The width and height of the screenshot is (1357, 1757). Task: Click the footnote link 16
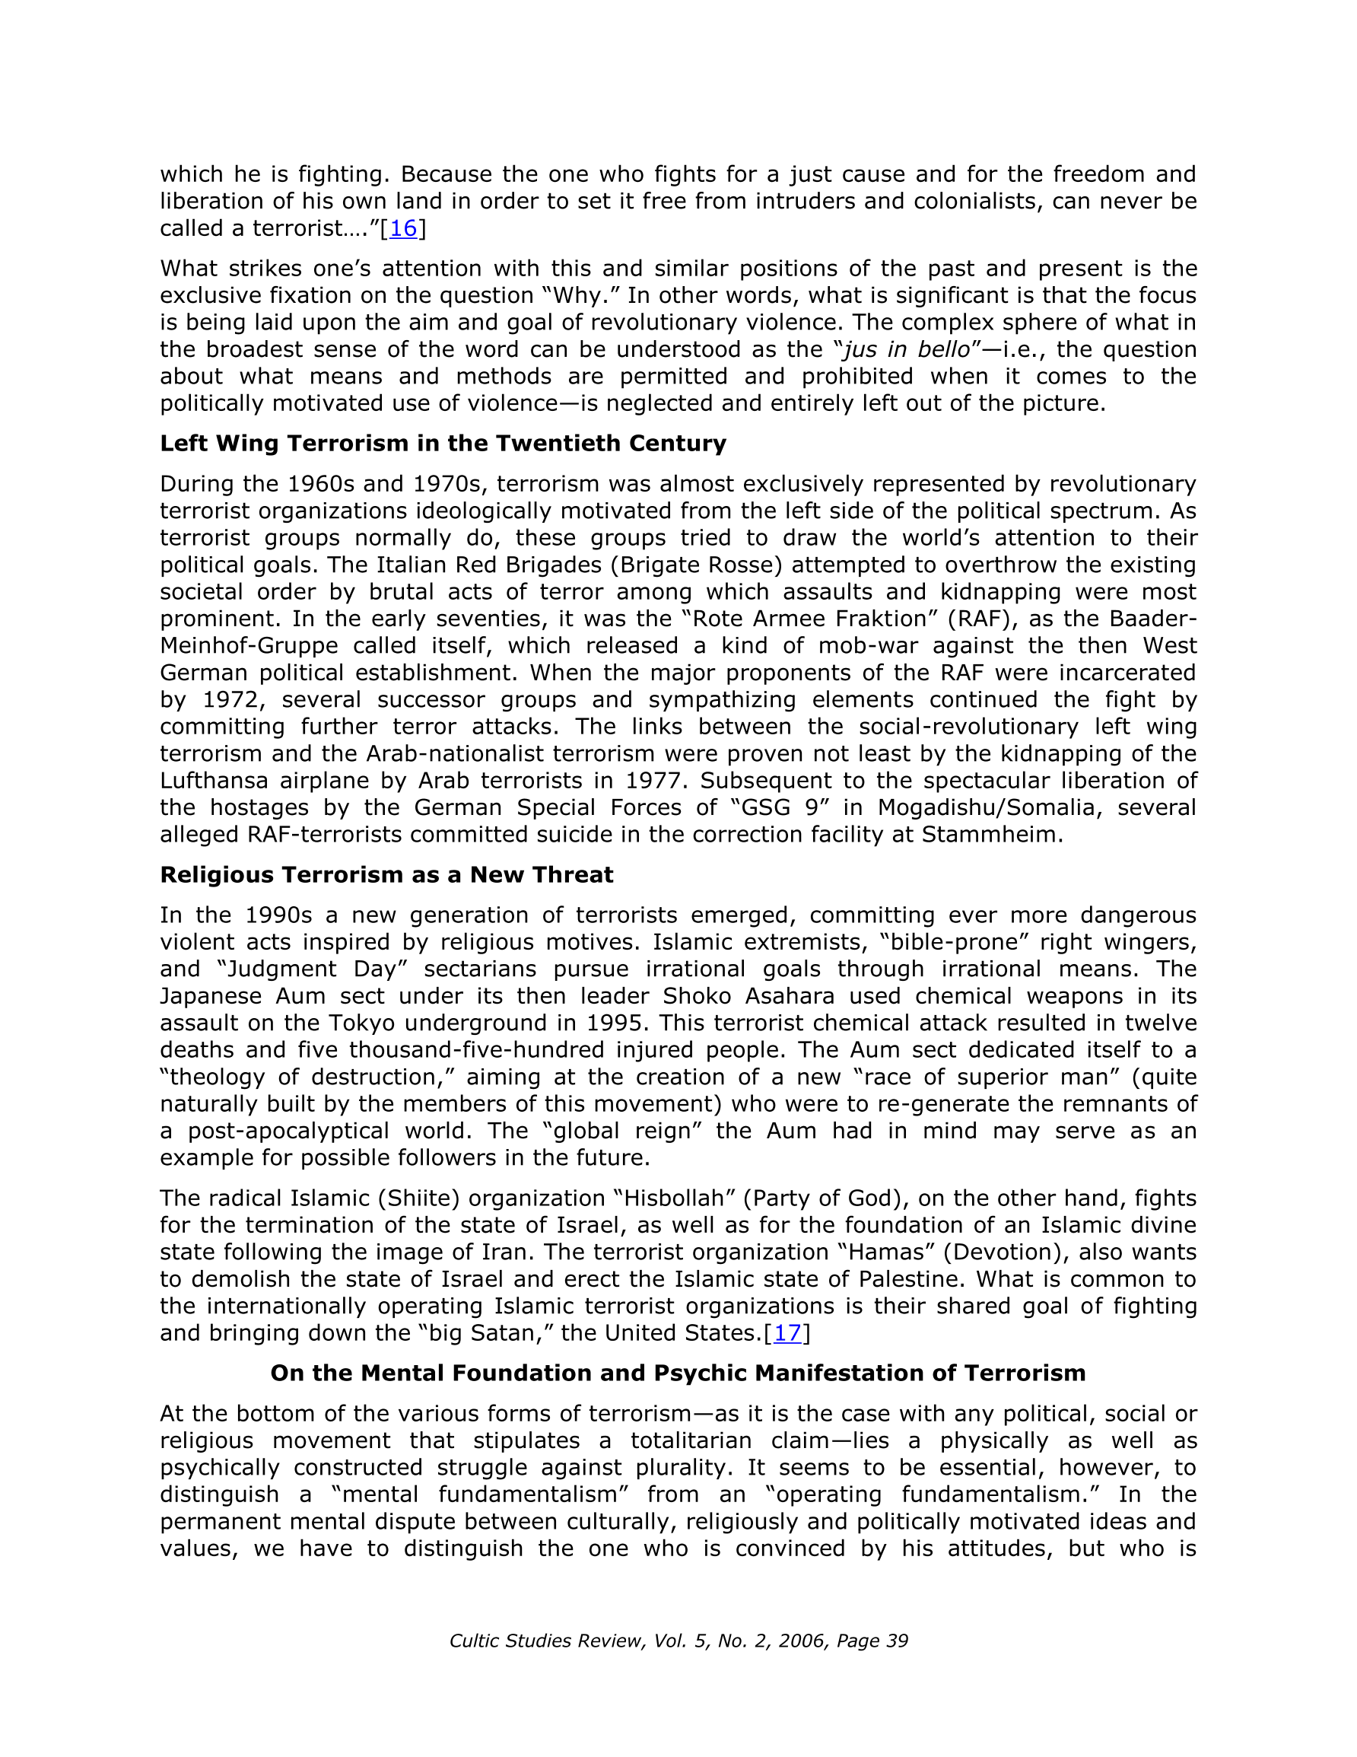[x=403, y=228]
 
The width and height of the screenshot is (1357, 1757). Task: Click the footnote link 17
[x=787, y=1333]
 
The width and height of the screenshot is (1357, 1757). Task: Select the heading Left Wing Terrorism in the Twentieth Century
[x=443, y=444]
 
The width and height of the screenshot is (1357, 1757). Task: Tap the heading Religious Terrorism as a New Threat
[x=386, y=874]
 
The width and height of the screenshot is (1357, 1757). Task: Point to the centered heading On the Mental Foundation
[x=677, y=1373]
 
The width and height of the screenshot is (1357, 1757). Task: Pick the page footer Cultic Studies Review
[x=678, y=1641]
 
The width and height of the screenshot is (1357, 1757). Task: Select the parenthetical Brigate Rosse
[x=696, y=565]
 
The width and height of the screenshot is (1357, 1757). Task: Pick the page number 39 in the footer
[x=896, y=1641]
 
